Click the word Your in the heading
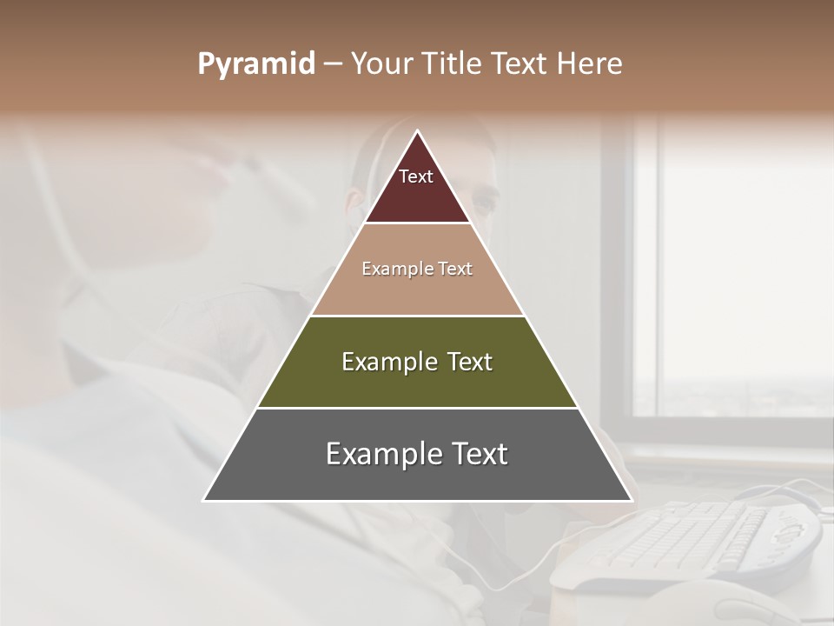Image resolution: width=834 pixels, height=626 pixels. pos(381,64)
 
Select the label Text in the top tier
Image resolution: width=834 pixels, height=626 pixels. pos(416,177)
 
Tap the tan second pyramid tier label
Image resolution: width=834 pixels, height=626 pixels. pos(417,270)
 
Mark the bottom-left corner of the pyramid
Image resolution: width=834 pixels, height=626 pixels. pos(205,500)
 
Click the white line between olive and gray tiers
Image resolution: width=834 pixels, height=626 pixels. pos(417,408)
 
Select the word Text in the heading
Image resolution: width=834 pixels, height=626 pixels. pos(522,64)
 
